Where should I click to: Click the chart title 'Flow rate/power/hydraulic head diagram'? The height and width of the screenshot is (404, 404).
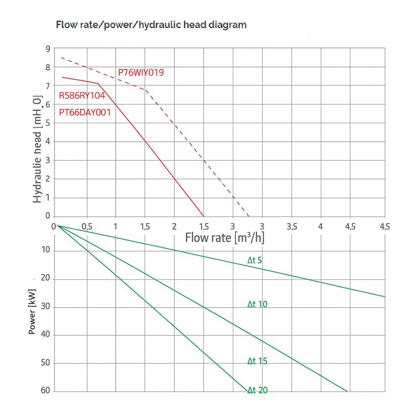151,24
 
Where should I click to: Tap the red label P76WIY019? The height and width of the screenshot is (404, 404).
141,73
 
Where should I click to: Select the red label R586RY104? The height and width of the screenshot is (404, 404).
82,95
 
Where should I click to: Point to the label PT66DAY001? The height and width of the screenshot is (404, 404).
84,113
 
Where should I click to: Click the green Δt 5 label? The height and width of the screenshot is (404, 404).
255,261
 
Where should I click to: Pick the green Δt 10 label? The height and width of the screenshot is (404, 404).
257,304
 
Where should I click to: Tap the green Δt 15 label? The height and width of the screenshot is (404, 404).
257,361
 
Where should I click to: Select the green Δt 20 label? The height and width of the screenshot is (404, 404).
257,390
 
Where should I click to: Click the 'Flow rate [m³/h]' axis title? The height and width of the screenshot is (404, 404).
225,237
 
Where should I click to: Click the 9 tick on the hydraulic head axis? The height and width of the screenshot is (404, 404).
47,49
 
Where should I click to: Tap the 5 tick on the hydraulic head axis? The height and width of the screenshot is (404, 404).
47,123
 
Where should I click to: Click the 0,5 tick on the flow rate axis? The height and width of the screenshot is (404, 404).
87,226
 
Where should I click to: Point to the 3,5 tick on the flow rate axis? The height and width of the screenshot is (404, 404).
292,226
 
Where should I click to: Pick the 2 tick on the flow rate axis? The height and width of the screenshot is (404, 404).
175,226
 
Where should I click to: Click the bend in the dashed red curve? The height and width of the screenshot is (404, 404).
145,90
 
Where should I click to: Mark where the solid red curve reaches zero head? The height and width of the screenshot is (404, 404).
204,216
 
